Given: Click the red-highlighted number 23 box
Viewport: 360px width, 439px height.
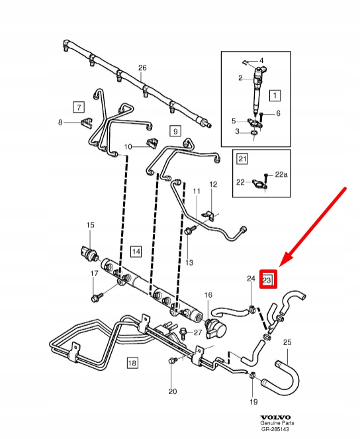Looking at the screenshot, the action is click(x=268, y=279).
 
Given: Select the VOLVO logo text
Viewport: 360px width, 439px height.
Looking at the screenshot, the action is click(x=275, y=417).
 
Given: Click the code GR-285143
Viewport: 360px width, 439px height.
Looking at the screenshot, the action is click(x=275, y=429).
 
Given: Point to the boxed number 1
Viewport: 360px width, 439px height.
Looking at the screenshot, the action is click(x=275, y=95).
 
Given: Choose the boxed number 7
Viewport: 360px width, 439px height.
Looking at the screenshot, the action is click(x=79, y=107).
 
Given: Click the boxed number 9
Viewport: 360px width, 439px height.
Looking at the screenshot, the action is click(x=175, y=131).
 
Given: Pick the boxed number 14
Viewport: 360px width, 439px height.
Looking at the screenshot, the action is click(x=136, y=251).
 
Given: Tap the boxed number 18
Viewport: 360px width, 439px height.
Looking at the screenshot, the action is click(x=132, y=363).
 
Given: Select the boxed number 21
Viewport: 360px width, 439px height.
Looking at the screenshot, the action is click(x=242, y=159).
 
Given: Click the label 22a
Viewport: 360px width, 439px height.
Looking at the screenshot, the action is click(x=281, y=174).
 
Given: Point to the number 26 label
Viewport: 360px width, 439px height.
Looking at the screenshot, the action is click(x=142, y=68).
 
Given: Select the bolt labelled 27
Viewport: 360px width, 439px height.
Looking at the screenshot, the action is click(x=183, y=332).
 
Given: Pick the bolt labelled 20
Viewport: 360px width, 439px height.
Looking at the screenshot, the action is click(x=172, y=361).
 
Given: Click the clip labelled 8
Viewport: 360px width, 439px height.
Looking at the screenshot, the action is click(x=87, y=122).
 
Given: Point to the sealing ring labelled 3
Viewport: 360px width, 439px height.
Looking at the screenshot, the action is click(x=254, y=132).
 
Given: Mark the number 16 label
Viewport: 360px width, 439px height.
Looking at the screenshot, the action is click(x=208, y=295).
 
